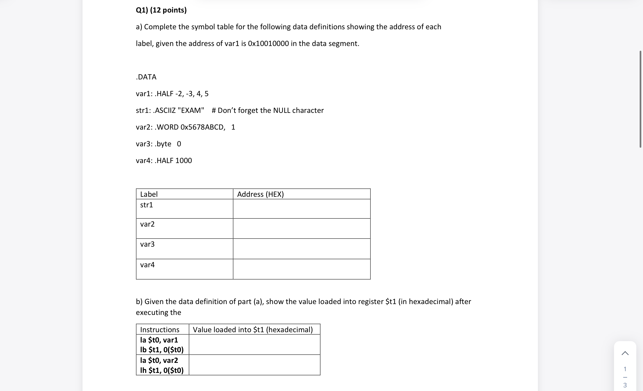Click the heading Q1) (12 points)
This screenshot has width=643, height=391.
coord(161,10)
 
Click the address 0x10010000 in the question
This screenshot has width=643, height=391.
coord(268,43)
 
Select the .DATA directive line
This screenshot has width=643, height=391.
coord(146,77)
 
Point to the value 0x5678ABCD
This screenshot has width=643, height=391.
coord(203,127)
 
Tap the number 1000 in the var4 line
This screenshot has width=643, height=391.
coord(183,161)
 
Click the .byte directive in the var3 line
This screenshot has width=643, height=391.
coord(163,144)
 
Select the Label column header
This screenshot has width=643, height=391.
coord(149,194)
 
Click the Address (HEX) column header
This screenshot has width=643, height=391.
coord(260,194)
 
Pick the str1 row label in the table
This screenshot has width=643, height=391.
coord(147,205)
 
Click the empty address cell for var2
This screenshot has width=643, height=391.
coord(302,229)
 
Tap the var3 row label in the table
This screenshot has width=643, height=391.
coord(147,244)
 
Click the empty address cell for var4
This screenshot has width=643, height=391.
coord(302,269)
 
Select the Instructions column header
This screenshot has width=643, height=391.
coord(160,330)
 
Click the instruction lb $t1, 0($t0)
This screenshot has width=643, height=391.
coord(162,350)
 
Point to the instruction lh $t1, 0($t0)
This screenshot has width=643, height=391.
coord(162,370)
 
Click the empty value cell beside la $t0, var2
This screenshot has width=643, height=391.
coord(254,365)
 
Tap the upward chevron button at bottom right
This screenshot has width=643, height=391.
coord(625,353)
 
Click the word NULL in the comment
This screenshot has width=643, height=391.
coord(282,110)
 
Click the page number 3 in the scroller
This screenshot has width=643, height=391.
coord(625,385)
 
